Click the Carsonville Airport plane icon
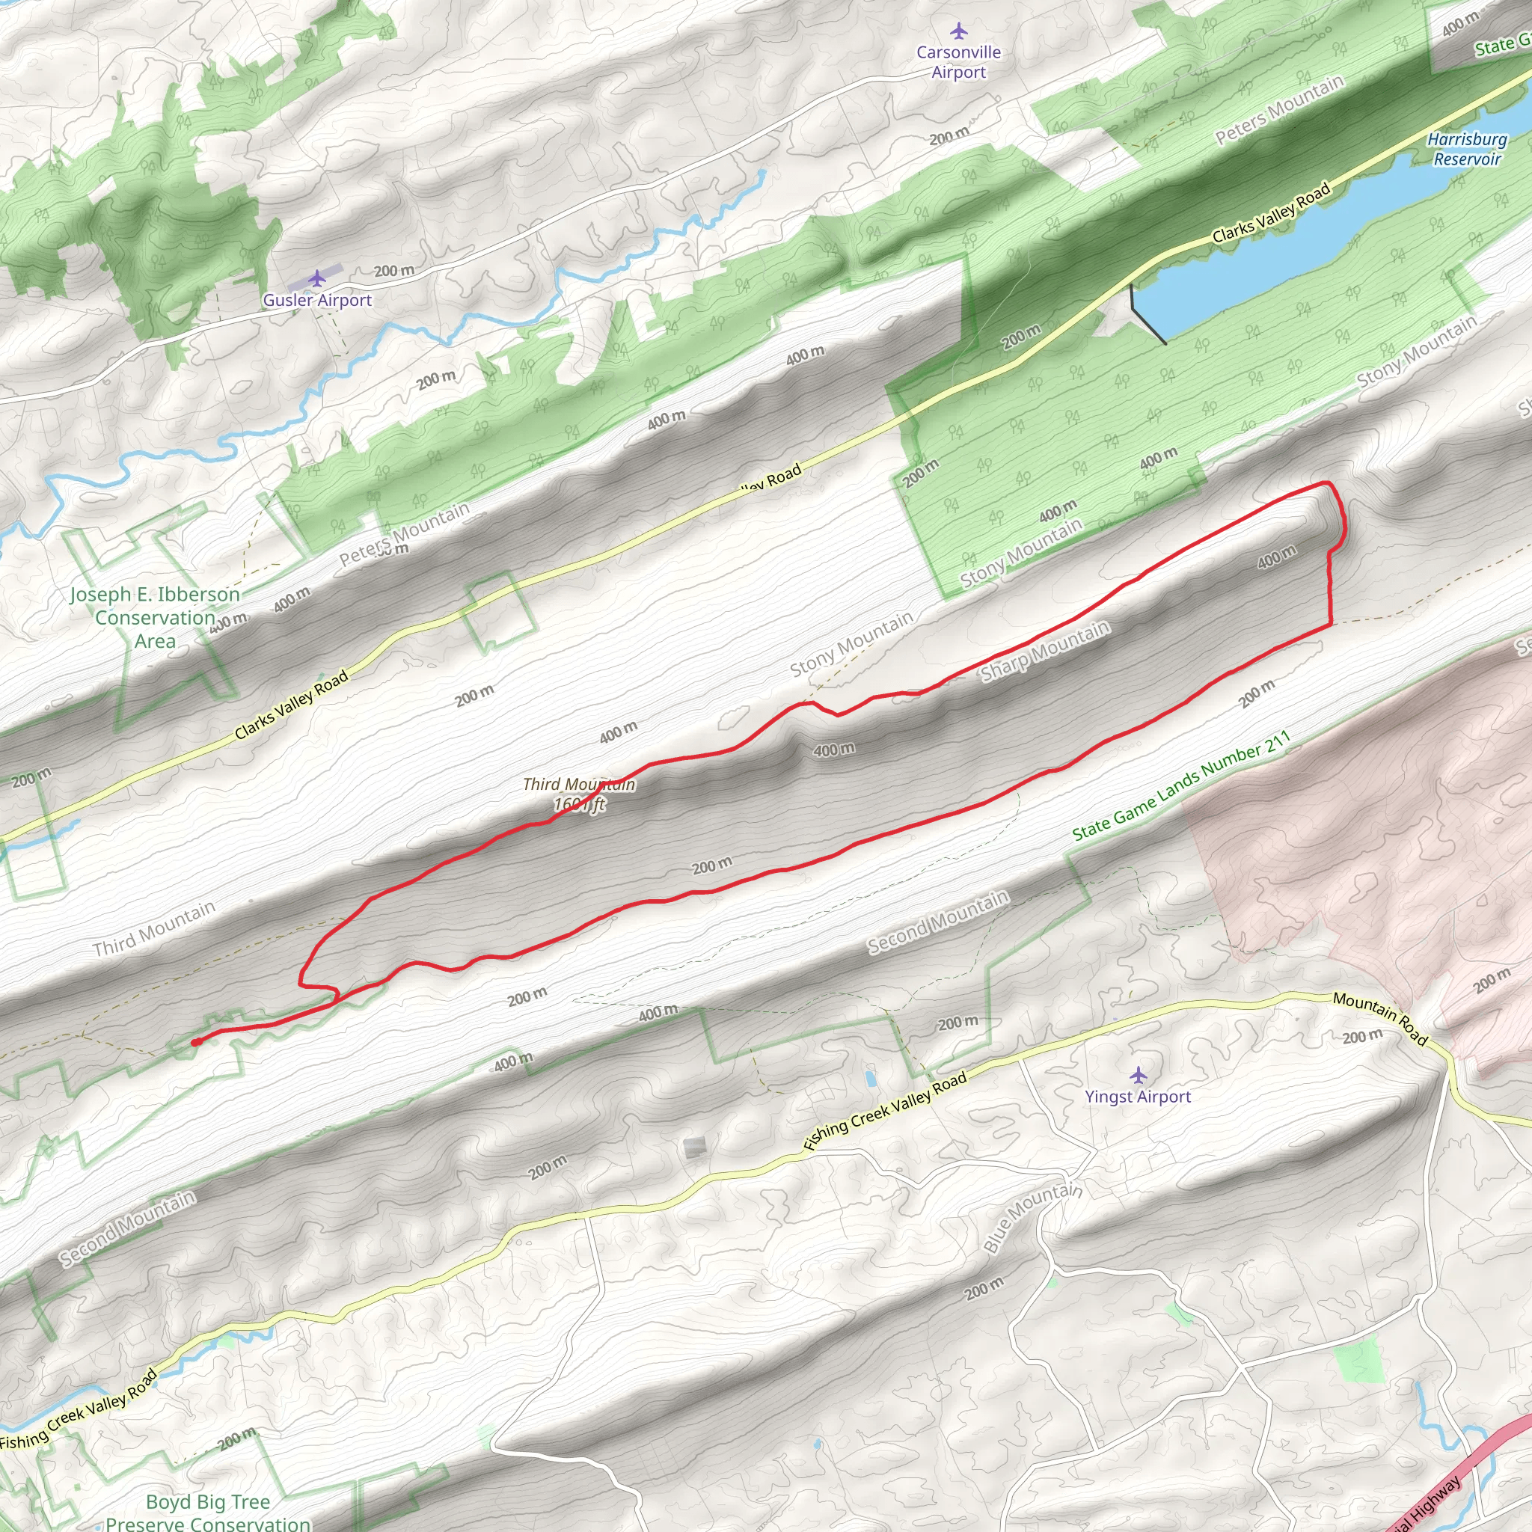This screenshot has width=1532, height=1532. (960, 31)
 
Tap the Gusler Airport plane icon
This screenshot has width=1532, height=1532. (317, 278)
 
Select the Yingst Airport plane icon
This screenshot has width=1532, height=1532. (1139, 1075)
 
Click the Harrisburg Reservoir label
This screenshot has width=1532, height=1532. (1467, 149)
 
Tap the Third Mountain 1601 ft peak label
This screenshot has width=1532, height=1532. (579, 794)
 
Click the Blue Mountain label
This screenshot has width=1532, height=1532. (1032, 1217)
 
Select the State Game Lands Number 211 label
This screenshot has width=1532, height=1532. (1180, 786)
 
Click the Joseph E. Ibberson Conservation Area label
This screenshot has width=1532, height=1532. (155, 618)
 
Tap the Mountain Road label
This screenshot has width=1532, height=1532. (1379, 1018)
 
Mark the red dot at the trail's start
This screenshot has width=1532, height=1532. (195, 1043)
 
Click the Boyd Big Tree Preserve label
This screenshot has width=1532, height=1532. (208, 1511)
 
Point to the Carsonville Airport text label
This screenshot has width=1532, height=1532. (959, 62)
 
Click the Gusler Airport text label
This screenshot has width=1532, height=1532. (317, 301)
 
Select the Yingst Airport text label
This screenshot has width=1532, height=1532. (1138, 1097)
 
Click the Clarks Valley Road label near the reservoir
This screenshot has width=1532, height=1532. (1270, 213)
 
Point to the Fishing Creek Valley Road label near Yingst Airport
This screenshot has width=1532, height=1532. (885, 1110)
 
